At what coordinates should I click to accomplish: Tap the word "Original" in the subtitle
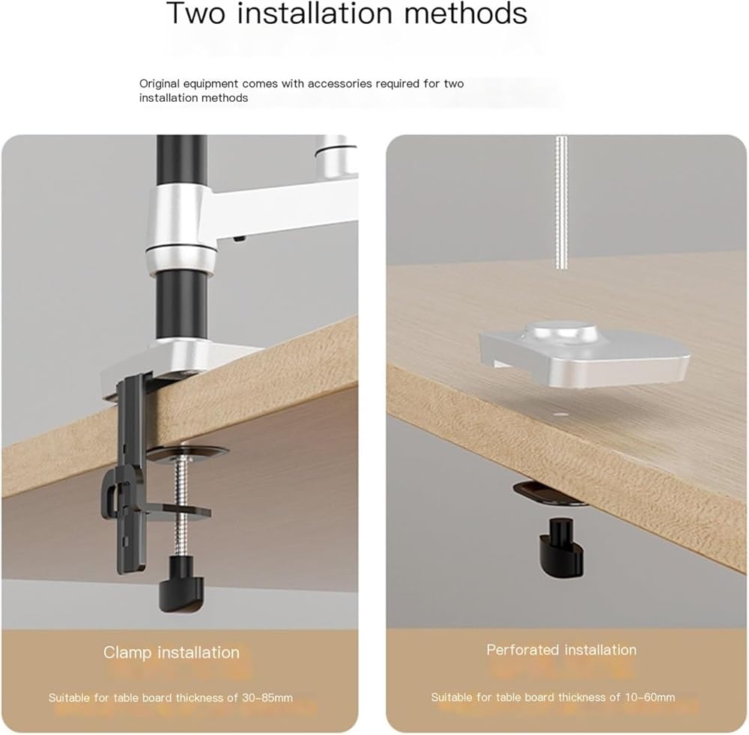click(x=160, y=84)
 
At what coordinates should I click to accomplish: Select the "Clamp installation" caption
click(x=172, y=653)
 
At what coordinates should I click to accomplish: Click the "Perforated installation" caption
click(x=561, y=650)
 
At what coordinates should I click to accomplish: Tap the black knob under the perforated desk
click(x=562, y=546)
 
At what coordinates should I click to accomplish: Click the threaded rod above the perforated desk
click(x=561, y=204)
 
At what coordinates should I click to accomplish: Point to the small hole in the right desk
click(x=562, y=414)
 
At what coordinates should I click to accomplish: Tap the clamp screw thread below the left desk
click(x=181, y=507)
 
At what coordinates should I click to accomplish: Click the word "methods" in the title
click(x=466, y=13)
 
